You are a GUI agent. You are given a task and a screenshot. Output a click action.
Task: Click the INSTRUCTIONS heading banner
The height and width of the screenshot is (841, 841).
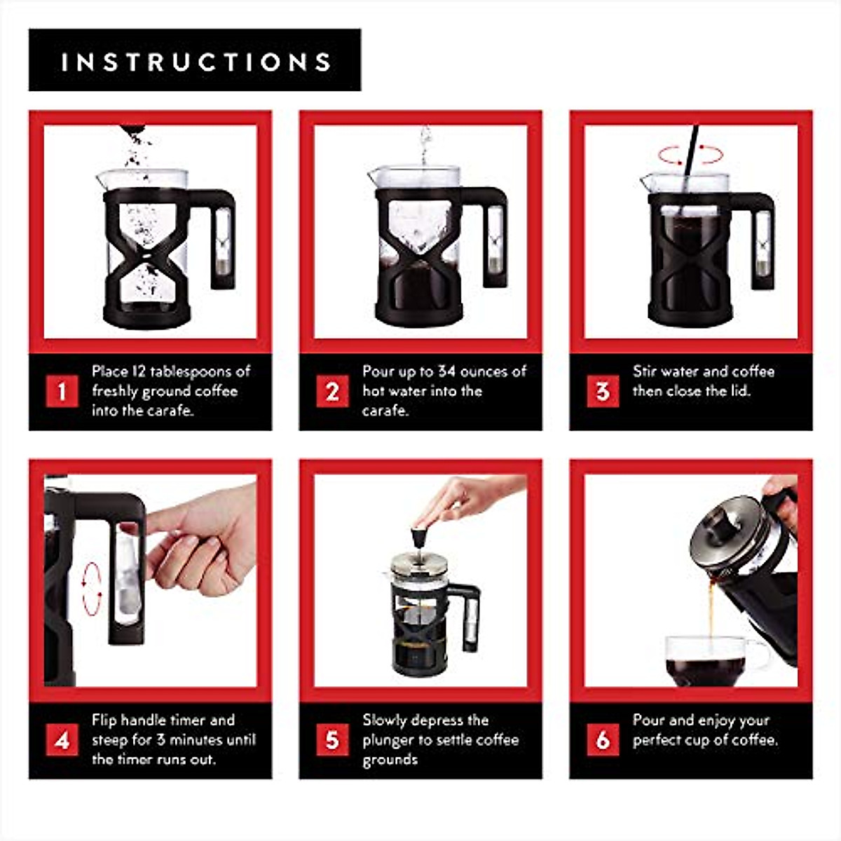(x=195, y=60)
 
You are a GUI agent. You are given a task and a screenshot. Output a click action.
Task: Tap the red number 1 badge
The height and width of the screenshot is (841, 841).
(x=62, y=391)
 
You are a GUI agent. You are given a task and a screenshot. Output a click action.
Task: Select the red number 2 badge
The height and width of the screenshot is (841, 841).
(x=332, y=391)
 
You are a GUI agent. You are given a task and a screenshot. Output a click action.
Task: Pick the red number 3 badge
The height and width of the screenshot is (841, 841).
(x=603, y=391)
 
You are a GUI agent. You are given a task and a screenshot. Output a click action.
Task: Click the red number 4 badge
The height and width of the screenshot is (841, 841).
(x=62, y=740)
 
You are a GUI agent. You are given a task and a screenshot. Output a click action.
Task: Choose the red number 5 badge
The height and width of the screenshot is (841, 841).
(x=332, y=740)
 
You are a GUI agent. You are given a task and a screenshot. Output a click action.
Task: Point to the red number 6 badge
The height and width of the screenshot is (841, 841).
(x=603, y=740)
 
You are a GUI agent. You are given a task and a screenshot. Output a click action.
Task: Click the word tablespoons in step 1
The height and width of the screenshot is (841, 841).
(x=191, y=372)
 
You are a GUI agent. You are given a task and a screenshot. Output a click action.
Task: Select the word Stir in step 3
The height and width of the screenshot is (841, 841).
(x=645, y=371)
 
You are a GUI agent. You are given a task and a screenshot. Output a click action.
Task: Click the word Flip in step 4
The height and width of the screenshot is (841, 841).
(x=104, y=720)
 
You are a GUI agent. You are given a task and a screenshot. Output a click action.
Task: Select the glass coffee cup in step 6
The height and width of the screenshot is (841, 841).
(x=713, y=661)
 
